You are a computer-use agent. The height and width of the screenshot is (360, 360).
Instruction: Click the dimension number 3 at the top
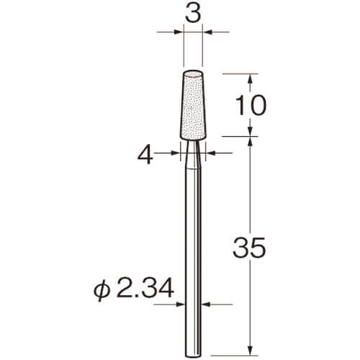[x=193, y=14]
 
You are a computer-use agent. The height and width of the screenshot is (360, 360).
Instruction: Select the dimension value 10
[x=251, y=105]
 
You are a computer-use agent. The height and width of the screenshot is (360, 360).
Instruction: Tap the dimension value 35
[x=250, y=248]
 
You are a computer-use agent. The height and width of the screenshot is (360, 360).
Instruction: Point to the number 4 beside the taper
[x=145, y=156]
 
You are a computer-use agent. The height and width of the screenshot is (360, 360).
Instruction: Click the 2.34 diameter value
[x=145, y=287]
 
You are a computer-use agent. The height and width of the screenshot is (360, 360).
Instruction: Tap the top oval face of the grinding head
[x=193, y=73]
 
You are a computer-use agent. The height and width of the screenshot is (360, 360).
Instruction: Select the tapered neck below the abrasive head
[x=193, y=155]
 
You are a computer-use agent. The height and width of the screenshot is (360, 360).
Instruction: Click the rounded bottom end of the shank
[x=193, y=354]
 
